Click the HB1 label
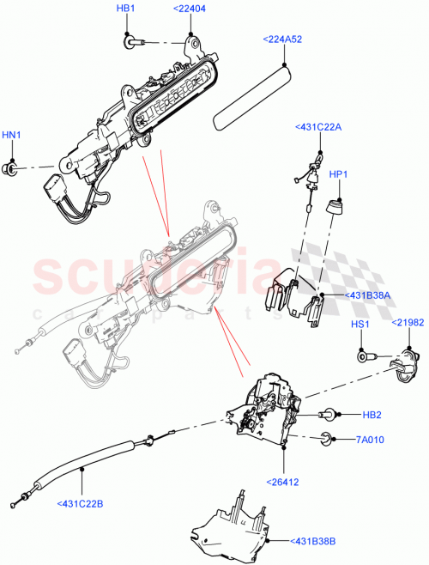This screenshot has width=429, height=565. pyautogui.click(x=125, y=9)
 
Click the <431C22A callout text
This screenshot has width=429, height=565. pyautogui.click(x=317, y=127)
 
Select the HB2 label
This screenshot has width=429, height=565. pyautogui.click(x=372, y=415)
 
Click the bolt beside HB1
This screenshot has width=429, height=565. pyautogui.click(x=134, y=39)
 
